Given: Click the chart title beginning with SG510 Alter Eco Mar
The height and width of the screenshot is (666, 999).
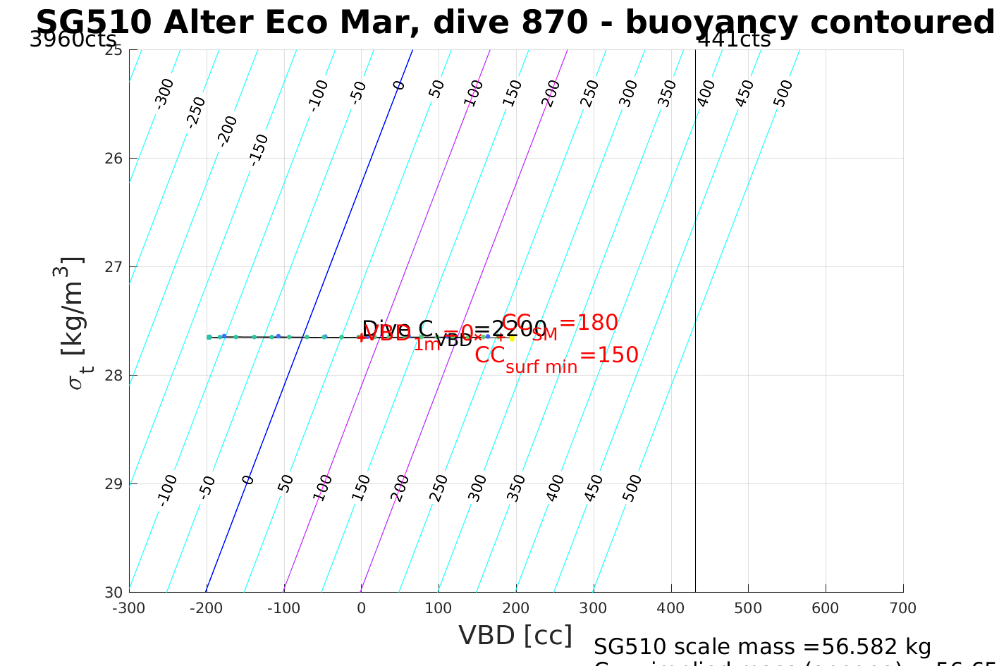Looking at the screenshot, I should (515, 23).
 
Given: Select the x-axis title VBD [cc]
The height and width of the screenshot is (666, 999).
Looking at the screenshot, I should (515, 636).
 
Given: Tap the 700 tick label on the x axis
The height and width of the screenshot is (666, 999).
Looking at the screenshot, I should (903, 608).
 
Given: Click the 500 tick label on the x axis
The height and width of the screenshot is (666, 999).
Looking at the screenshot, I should (748, 608).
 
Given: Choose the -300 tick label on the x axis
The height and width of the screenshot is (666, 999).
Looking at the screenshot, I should (129, 608).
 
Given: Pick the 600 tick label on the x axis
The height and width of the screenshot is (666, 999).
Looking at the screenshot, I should (826, 608).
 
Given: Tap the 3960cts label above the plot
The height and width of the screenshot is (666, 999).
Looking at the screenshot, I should (73, 39).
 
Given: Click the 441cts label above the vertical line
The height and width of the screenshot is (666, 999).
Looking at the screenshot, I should (734, 39).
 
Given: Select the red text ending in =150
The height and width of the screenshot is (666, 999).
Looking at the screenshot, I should (557, 356).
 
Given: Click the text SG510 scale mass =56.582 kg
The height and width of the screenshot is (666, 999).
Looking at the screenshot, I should (762, 647).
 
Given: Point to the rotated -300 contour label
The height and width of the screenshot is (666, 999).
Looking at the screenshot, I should (164, 93).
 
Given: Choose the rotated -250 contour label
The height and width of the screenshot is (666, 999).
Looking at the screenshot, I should (195, 112).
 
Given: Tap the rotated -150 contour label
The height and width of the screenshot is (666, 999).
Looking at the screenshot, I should (259, 149).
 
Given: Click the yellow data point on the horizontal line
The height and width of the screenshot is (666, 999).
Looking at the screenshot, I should (512, 338).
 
